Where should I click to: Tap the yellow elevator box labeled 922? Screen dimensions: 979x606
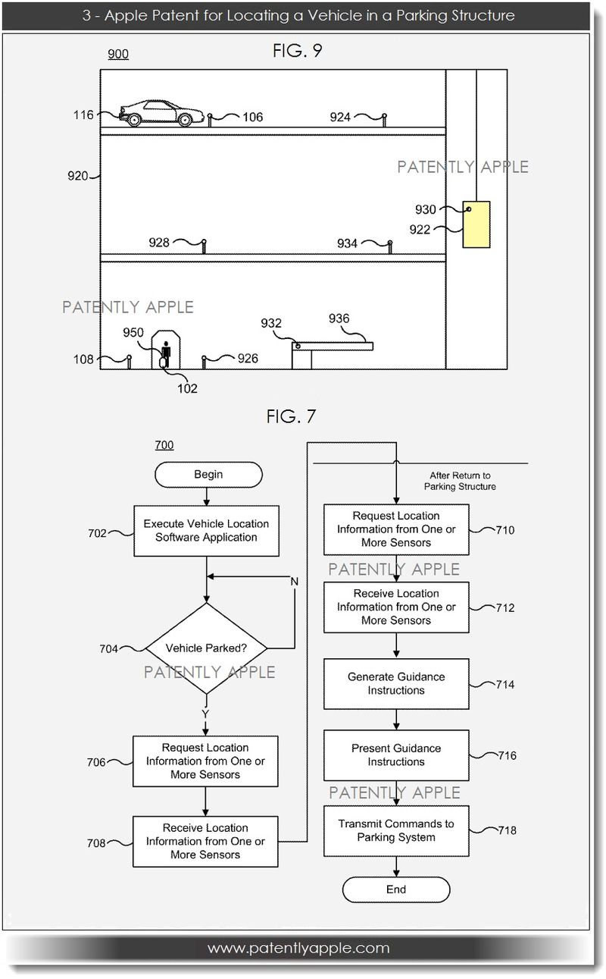[x=476, y=224]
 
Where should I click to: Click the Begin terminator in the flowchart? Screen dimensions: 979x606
[x=208, y=475]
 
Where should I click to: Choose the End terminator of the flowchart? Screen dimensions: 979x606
[x=396, y=890]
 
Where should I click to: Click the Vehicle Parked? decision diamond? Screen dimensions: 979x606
[x=207, y=648]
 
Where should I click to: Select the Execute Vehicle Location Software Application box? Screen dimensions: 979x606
[x=206, y=531]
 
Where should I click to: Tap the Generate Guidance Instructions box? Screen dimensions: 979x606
[x=396, y=684]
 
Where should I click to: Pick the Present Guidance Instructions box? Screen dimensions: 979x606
[x=396, y=755]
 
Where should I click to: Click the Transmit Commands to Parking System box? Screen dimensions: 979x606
[x=396, y=831]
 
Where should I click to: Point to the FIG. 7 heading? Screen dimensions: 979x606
[x=292, y=416]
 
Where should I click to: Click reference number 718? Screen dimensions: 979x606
[x=507, y=831]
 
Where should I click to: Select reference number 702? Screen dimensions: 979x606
[x=98, y=532]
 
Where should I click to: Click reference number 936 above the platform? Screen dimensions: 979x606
[x=339, y=319]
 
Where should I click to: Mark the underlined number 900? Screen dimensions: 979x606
[x=118, y=55]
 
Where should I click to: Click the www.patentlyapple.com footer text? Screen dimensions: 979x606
[x=298, y=948]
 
